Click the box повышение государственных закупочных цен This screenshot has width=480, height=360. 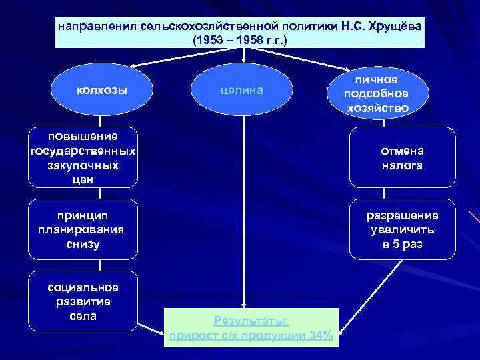point(83,157)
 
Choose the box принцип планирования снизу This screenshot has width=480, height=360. point(83,229)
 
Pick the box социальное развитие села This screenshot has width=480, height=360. point(83,301)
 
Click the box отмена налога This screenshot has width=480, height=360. point(402,157)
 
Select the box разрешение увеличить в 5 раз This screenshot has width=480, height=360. point(402,229)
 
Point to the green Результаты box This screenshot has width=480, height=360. point(251,327)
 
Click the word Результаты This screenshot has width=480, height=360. point(251,321)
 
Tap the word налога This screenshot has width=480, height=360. point(402,165)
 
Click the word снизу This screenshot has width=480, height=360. point(83,244)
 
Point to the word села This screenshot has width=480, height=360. point(83,315)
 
